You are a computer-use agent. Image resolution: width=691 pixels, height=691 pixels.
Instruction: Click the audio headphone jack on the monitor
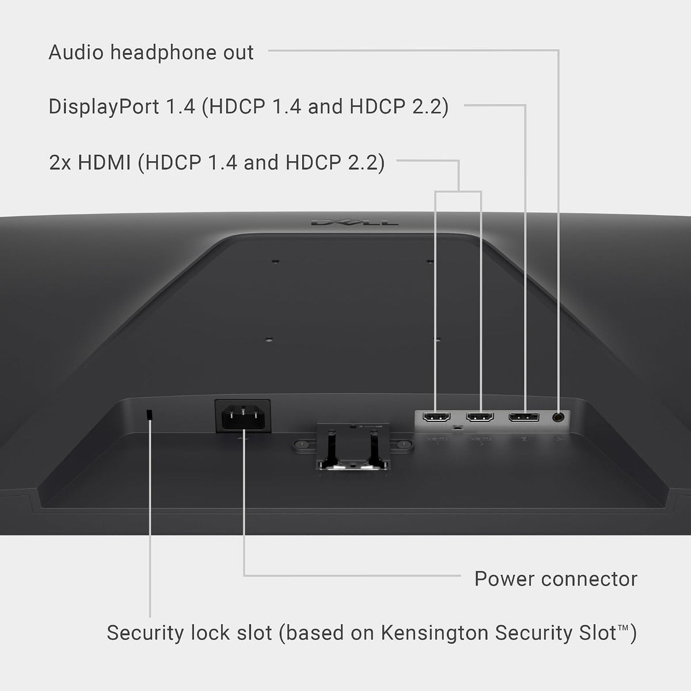tap(558, 417)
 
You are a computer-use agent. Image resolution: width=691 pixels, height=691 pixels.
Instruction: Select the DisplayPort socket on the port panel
tap(523, 417)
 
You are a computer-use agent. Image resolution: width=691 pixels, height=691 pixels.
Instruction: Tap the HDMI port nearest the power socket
tap(436, 417)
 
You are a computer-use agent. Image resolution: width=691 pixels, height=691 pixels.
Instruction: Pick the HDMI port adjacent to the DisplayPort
tap(480, 417)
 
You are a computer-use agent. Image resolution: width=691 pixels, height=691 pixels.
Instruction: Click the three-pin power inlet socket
tap(243, 416)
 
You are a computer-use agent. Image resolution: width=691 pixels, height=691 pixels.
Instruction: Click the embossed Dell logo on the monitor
tap(354, 223)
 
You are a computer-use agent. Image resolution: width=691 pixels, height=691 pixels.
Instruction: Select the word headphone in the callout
tap(164, 53)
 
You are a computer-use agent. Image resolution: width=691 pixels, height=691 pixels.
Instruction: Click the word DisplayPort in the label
tap(104, 107)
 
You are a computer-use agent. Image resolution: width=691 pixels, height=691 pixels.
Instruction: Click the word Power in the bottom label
tap(504, 579)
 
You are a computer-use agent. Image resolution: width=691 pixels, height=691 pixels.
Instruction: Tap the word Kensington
tap(435, 633)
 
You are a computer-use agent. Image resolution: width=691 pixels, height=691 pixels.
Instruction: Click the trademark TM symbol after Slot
tap(623, 627)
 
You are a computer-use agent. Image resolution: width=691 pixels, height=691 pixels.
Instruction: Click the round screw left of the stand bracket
tap(302, 445)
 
